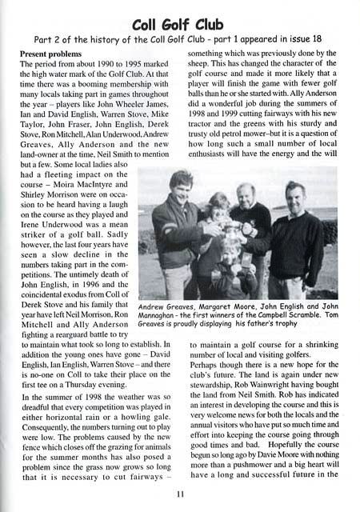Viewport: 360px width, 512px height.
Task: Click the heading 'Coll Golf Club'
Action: click(x=179, y=22)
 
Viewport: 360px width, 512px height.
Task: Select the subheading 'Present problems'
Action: click(x=54, y=54)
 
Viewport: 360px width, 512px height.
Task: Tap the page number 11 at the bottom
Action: click(x=179, y=493)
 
